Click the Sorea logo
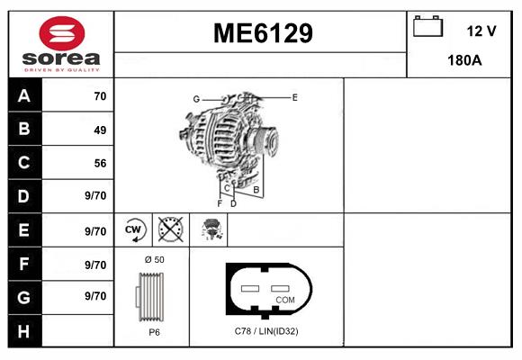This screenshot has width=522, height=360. tap(60, 43)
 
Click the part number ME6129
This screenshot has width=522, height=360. tap(262, 33)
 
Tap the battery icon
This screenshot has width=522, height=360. tap(426, 28)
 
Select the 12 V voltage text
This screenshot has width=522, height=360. tap(481, 31)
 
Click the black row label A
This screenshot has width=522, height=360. tap(24, 96)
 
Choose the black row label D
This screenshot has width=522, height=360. tap(24, 196)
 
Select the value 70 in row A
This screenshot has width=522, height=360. tap(100, 96)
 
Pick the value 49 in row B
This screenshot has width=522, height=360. tap(100, 130)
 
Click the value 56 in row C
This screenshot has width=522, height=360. tap(100, 163)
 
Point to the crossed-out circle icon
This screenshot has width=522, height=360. tap(170, 229)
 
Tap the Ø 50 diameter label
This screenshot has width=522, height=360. tap(154, 259)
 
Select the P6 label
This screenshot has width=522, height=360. tap(154, 332)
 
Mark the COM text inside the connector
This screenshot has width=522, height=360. tap(285, 299)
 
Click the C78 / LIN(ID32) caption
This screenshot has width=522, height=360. tap(266, 332)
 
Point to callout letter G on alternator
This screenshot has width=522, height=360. tap(195, 98)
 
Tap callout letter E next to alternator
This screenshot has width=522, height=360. tap(294, 95)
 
